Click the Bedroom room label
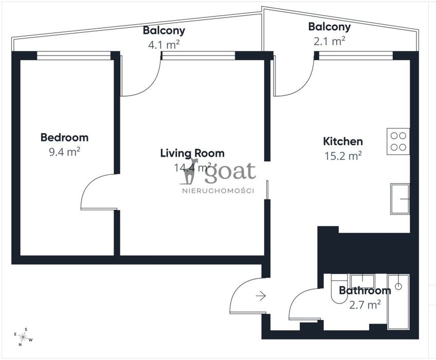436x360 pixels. (x=64, y=137)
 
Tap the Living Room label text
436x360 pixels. (x=192, y=153)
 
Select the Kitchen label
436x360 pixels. (x=343, y=141)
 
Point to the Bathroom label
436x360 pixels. (x=365, y=291)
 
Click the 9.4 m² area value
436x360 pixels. (x=64, y=152)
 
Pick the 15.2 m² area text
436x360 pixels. (x=343, y=156)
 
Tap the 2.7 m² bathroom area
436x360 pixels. (x=365, y=305)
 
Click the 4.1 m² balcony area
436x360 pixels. (x=164, y=45)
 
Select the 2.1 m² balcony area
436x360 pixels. (x=330, y=41)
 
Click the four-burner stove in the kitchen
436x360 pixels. (x=398, y=141)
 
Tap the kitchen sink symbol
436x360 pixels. (x=400, y=199)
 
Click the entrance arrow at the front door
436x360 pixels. (x=261, y=296)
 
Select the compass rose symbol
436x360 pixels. (x=23, y=337)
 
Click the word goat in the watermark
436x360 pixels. (x=230, y=172)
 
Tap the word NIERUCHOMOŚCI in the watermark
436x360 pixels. (x=218, y=191)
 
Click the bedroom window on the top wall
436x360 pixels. (x=74, y=56)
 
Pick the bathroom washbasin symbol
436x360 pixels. (x=362, y=281)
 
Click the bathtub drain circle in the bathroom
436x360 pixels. (x=398, y=286)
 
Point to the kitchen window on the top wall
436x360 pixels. (x=356, y=56)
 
